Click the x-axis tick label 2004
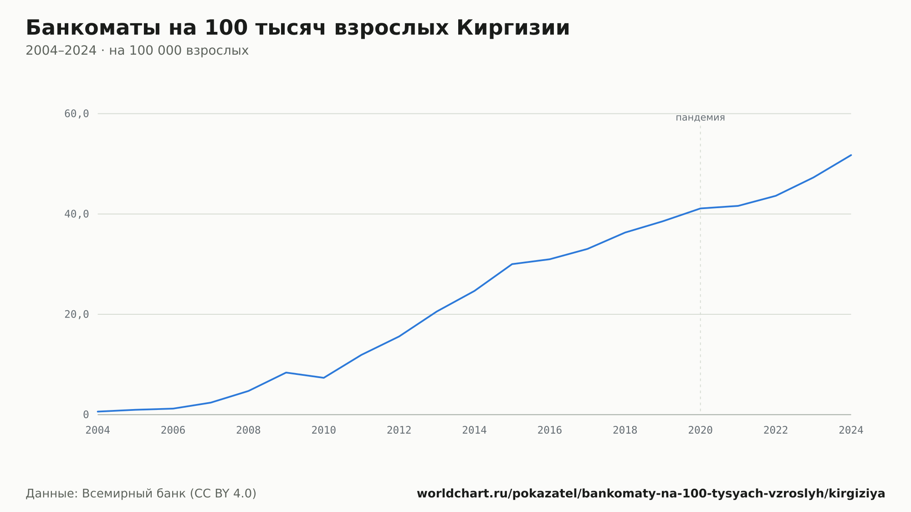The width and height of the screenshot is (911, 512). [x=97, y=430]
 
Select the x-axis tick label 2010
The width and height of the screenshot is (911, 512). [x=324, y=430]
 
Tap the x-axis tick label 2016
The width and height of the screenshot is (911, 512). [x=550, y=430]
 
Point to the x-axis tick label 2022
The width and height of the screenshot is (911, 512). [x=776, y=430]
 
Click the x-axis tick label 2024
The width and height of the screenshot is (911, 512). [x=851, y=430]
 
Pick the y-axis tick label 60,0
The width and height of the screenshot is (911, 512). [x=77, y=114]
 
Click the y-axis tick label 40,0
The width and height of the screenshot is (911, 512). [x=77, y=214]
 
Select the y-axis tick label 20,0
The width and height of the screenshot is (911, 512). [x=77, y=314]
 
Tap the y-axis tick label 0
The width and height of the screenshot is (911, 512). [x=86, y=415]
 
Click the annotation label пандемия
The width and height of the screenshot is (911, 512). [x=700, y=118]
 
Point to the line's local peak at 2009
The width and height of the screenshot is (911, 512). [x=286, y=373]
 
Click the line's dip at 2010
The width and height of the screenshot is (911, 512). [x=324, y=378]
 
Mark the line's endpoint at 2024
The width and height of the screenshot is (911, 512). [x=851, y=155]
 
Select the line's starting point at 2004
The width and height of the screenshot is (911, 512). [x=97, y=412]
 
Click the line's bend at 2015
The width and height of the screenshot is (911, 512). [x=512, y=264]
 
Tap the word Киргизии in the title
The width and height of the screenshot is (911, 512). [x=513, y=28]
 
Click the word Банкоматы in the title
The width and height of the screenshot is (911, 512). [x=93, y=28]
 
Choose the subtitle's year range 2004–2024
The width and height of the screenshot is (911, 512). [x=61, y=51]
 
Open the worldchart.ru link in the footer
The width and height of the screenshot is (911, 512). [x=651, y=494]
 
